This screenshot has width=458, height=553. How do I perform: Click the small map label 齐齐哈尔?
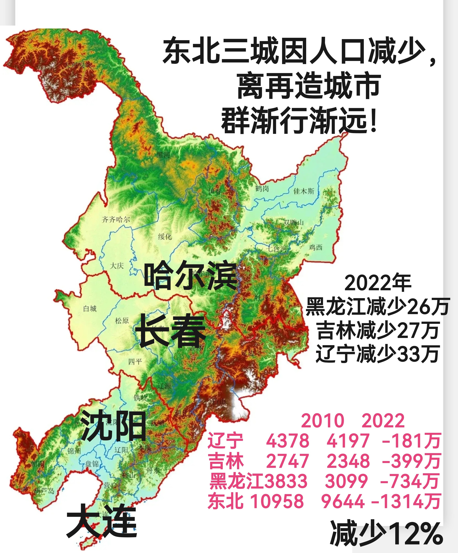pyautogui.click(x=116, y=219)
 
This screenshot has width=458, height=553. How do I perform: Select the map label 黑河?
pyautogui.click(x=163, y=155)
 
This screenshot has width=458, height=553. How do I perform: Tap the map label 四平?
pyautogui.click(x=135, y=362)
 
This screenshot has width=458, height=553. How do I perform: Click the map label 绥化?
pyautogui.click(x=165, y=237)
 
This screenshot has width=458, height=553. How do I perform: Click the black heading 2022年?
pyautogui.click(x=377, y=283)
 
